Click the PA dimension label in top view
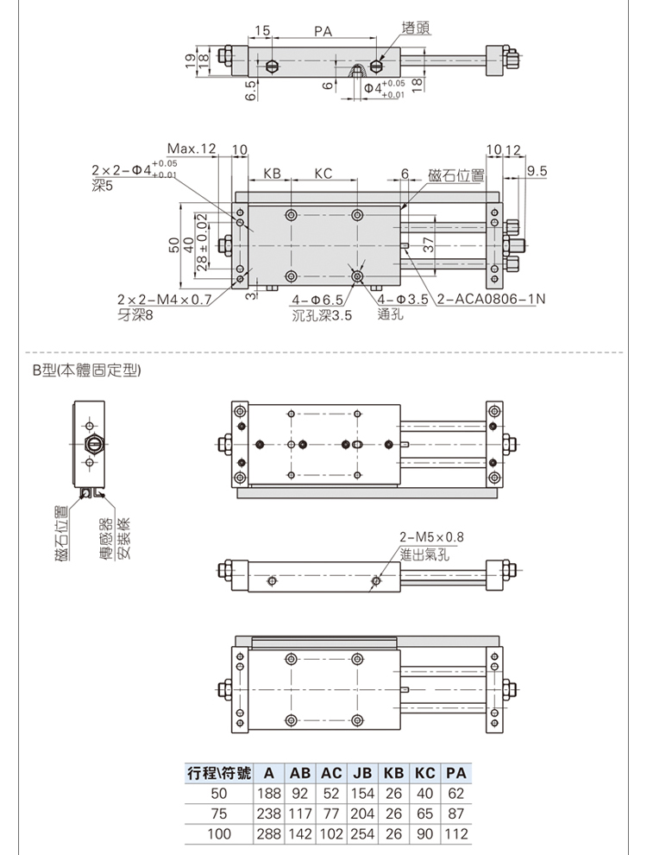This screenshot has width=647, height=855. pos(323,31)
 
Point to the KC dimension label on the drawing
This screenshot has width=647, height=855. pos(323,174)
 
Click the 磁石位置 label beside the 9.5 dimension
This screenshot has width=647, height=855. pos(455,175)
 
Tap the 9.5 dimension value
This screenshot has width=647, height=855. pos(537,171)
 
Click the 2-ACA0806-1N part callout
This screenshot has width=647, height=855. pos(491,299)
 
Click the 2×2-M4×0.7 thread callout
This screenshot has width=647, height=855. pos(165,300)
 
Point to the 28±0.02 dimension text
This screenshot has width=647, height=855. pos(201,245)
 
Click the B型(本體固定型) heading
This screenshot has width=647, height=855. pos(86,370)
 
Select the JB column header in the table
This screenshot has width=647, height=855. pos(362,773)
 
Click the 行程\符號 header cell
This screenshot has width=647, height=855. pos(219,773)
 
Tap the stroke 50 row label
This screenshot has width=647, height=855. pos(219,794)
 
